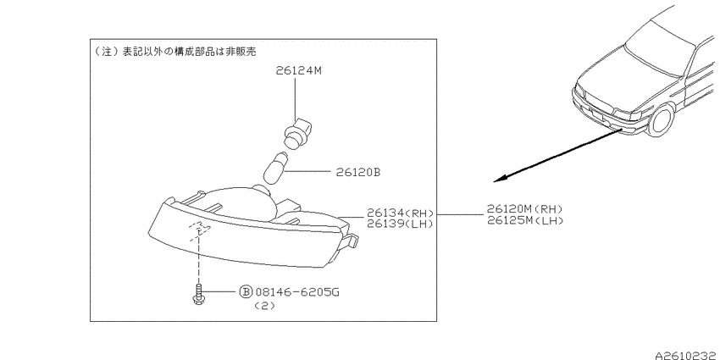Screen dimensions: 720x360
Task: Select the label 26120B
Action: (357, 173)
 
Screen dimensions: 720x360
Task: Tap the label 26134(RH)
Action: (400, 213)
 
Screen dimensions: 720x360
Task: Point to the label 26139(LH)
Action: (400, 224)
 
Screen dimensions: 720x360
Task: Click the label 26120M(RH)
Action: (525, 209)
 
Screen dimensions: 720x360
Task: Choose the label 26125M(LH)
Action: (525, 220)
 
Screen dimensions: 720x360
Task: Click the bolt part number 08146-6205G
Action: (297, 291)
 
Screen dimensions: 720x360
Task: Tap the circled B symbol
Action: (246, 291)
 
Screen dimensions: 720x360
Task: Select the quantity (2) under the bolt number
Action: (264, 307)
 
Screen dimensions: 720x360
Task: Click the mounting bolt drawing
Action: (198, 294)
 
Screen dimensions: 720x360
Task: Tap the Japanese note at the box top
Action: (174, 51)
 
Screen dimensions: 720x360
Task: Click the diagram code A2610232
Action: (687, 355)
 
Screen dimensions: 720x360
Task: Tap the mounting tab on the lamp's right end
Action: (351, 241)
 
